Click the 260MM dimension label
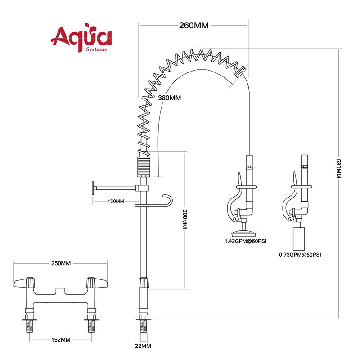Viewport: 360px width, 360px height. pos(194,25)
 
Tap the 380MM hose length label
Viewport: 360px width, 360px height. pos(170,98)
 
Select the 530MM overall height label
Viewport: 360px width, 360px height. pos(338,168)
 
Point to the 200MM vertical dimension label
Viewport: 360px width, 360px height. pos(185,219)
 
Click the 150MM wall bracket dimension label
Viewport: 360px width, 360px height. pos(116,201)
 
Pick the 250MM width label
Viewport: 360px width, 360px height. pos(61,263)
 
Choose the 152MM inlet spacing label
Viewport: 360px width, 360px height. pos(61,340)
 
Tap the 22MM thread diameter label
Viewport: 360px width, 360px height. pos(143,346)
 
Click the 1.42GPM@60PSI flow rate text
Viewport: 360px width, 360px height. pos(245,241)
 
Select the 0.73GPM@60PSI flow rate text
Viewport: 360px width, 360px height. pos(300,255)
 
